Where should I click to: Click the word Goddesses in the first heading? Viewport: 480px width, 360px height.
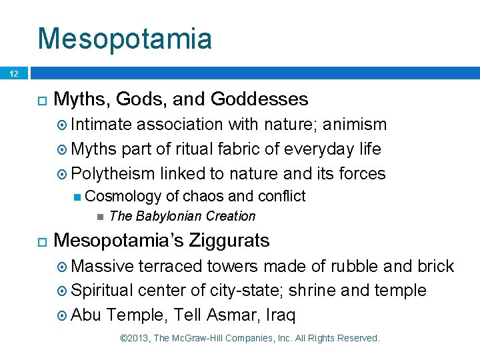(x=259, y=99)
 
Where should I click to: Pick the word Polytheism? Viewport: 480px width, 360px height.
(x=113, y=173)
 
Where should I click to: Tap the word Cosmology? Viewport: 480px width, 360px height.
(x=123, y=196)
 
